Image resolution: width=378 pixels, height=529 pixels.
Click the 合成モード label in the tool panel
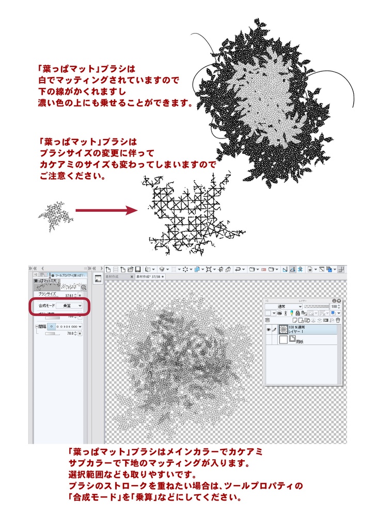click(x=46, y=306)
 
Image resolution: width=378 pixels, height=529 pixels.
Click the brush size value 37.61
click(x=70, y=294)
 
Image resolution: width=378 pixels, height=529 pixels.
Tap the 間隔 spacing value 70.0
click(x=70, y=334)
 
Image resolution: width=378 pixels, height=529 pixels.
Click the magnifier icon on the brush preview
click(x=83, y=288)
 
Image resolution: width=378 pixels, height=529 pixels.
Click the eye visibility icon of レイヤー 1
click(x=268, y=329)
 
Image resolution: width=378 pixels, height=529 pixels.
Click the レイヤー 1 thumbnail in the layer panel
click(x=283, y=329)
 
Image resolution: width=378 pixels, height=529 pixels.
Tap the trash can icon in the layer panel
click(x=338, y=320)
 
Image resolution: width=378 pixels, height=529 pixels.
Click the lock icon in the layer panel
click(x=298, y=313)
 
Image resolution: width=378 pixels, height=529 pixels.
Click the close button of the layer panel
click(x=339, y=300)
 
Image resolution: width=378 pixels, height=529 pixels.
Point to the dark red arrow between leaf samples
click(x=106, y=211)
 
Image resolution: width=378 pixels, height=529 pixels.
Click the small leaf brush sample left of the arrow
click(x=55, y=216)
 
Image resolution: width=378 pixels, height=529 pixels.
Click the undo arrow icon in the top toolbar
click(x=238, y=269)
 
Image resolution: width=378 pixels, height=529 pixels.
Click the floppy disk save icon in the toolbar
click(x=138, y=269)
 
